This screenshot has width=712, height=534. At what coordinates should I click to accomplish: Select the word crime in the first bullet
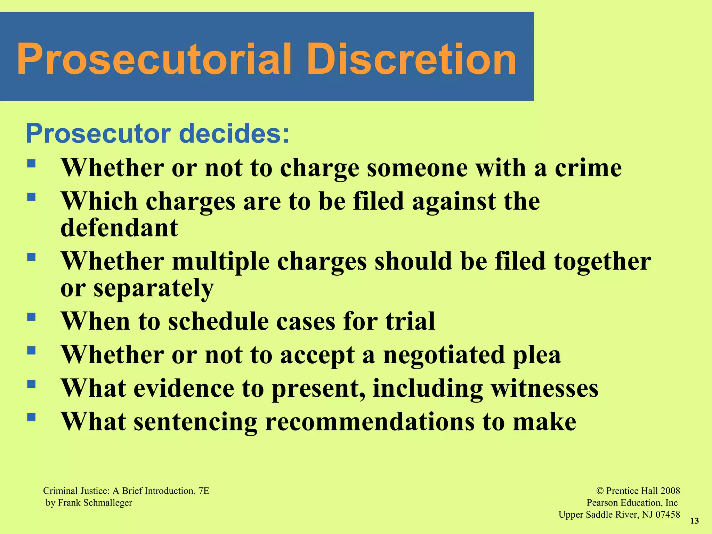(x=588, y=168)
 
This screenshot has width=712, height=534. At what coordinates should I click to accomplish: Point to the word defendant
(x=119, y=228)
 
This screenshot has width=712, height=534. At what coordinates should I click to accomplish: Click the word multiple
(x=221, y=261)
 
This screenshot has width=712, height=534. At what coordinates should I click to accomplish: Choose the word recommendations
(x=370, y=422)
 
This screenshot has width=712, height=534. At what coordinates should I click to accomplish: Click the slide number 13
(x=694, y=521)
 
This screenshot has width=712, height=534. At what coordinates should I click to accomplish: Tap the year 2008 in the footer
(x=670, y=491)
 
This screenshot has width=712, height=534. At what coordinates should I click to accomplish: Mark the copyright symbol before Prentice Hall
(x=600, y=491)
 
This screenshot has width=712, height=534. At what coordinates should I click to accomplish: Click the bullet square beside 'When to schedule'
(x=31, y=317)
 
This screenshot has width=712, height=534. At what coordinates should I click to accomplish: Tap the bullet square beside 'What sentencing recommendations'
(x=31, y=417)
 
